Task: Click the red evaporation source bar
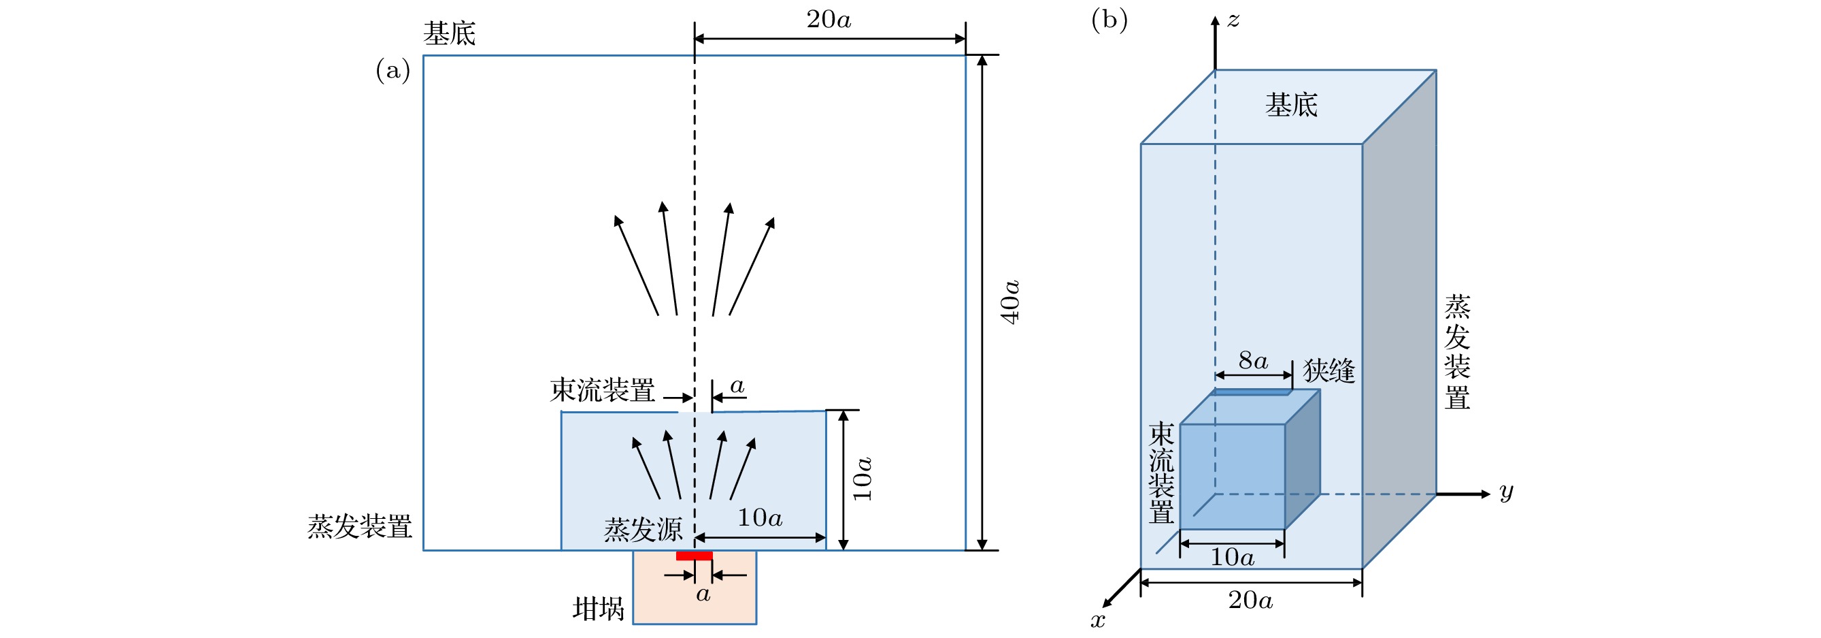(695, 556)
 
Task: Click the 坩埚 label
(598, 608)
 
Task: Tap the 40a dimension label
(1010, 302)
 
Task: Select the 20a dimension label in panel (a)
(829, 20)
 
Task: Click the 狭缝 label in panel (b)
(1329, 370)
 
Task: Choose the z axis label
(1233, 20)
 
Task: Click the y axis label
(1507, 491)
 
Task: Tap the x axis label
(1097, 621)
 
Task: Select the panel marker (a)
(392, 70)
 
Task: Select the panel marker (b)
(1109, 20)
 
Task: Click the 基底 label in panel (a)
(449, 33)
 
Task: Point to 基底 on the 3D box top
(1291, 105)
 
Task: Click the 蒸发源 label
(643, 529)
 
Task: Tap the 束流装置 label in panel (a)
(602, 389)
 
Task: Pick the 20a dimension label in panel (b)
(1250, 601)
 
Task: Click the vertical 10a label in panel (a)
(863, 479)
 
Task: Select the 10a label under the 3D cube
(1232, 558)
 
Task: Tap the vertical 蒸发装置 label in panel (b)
(1457, 352)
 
